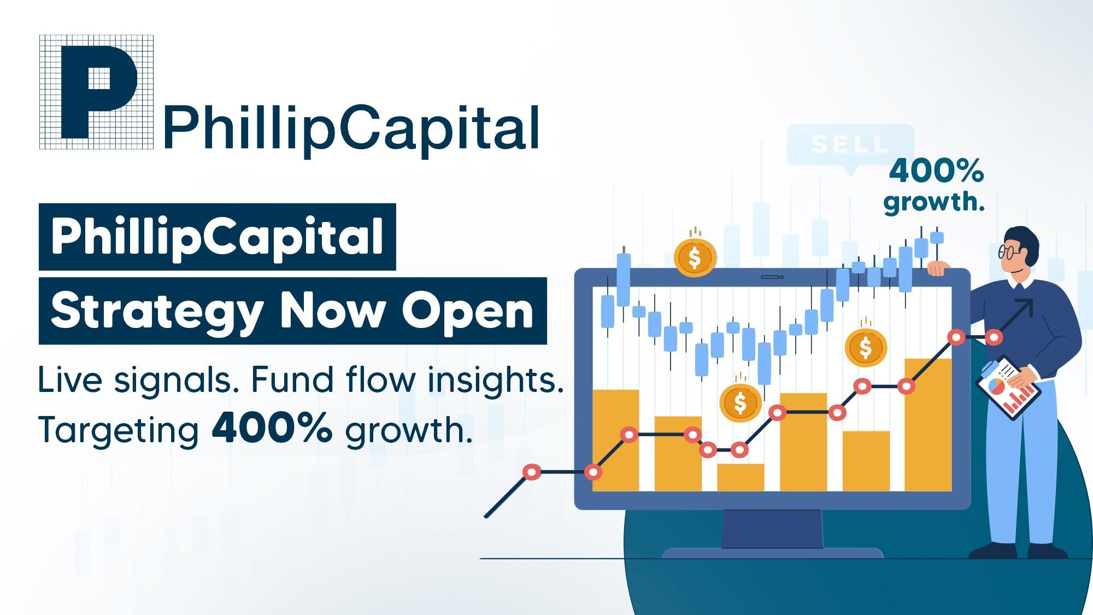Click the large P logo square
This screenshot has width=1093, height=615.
tap(96, 92)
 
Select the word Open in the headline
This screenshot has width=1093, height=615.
tap(467, 311)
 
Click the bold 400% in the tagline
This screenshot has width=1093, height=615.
tap(272, 428)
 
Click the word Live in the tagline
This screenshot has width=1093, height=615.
tap(70, 379)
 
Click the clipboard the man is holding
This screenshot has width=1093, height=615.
tap(1008, 388)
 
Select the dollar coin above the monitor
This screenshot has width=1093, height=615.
tap(695, 257)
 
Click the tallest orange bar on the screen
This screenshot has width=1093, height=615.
tap(928, 425)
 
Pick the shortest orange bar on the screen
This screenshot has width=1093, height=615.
tap(741, 477)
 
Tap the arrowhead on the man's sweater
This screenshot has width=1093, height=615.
tap(1025, 306)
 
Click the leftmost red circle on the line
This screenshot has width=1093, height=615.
tap(531, 472)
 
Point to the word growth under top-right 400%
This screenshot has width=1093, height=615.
tap(933, 202)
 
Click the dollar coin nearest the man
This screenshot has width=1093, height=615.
tap(866, 348)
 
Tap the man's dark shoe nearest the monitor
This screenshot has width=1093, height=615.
tap(992, 550)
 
